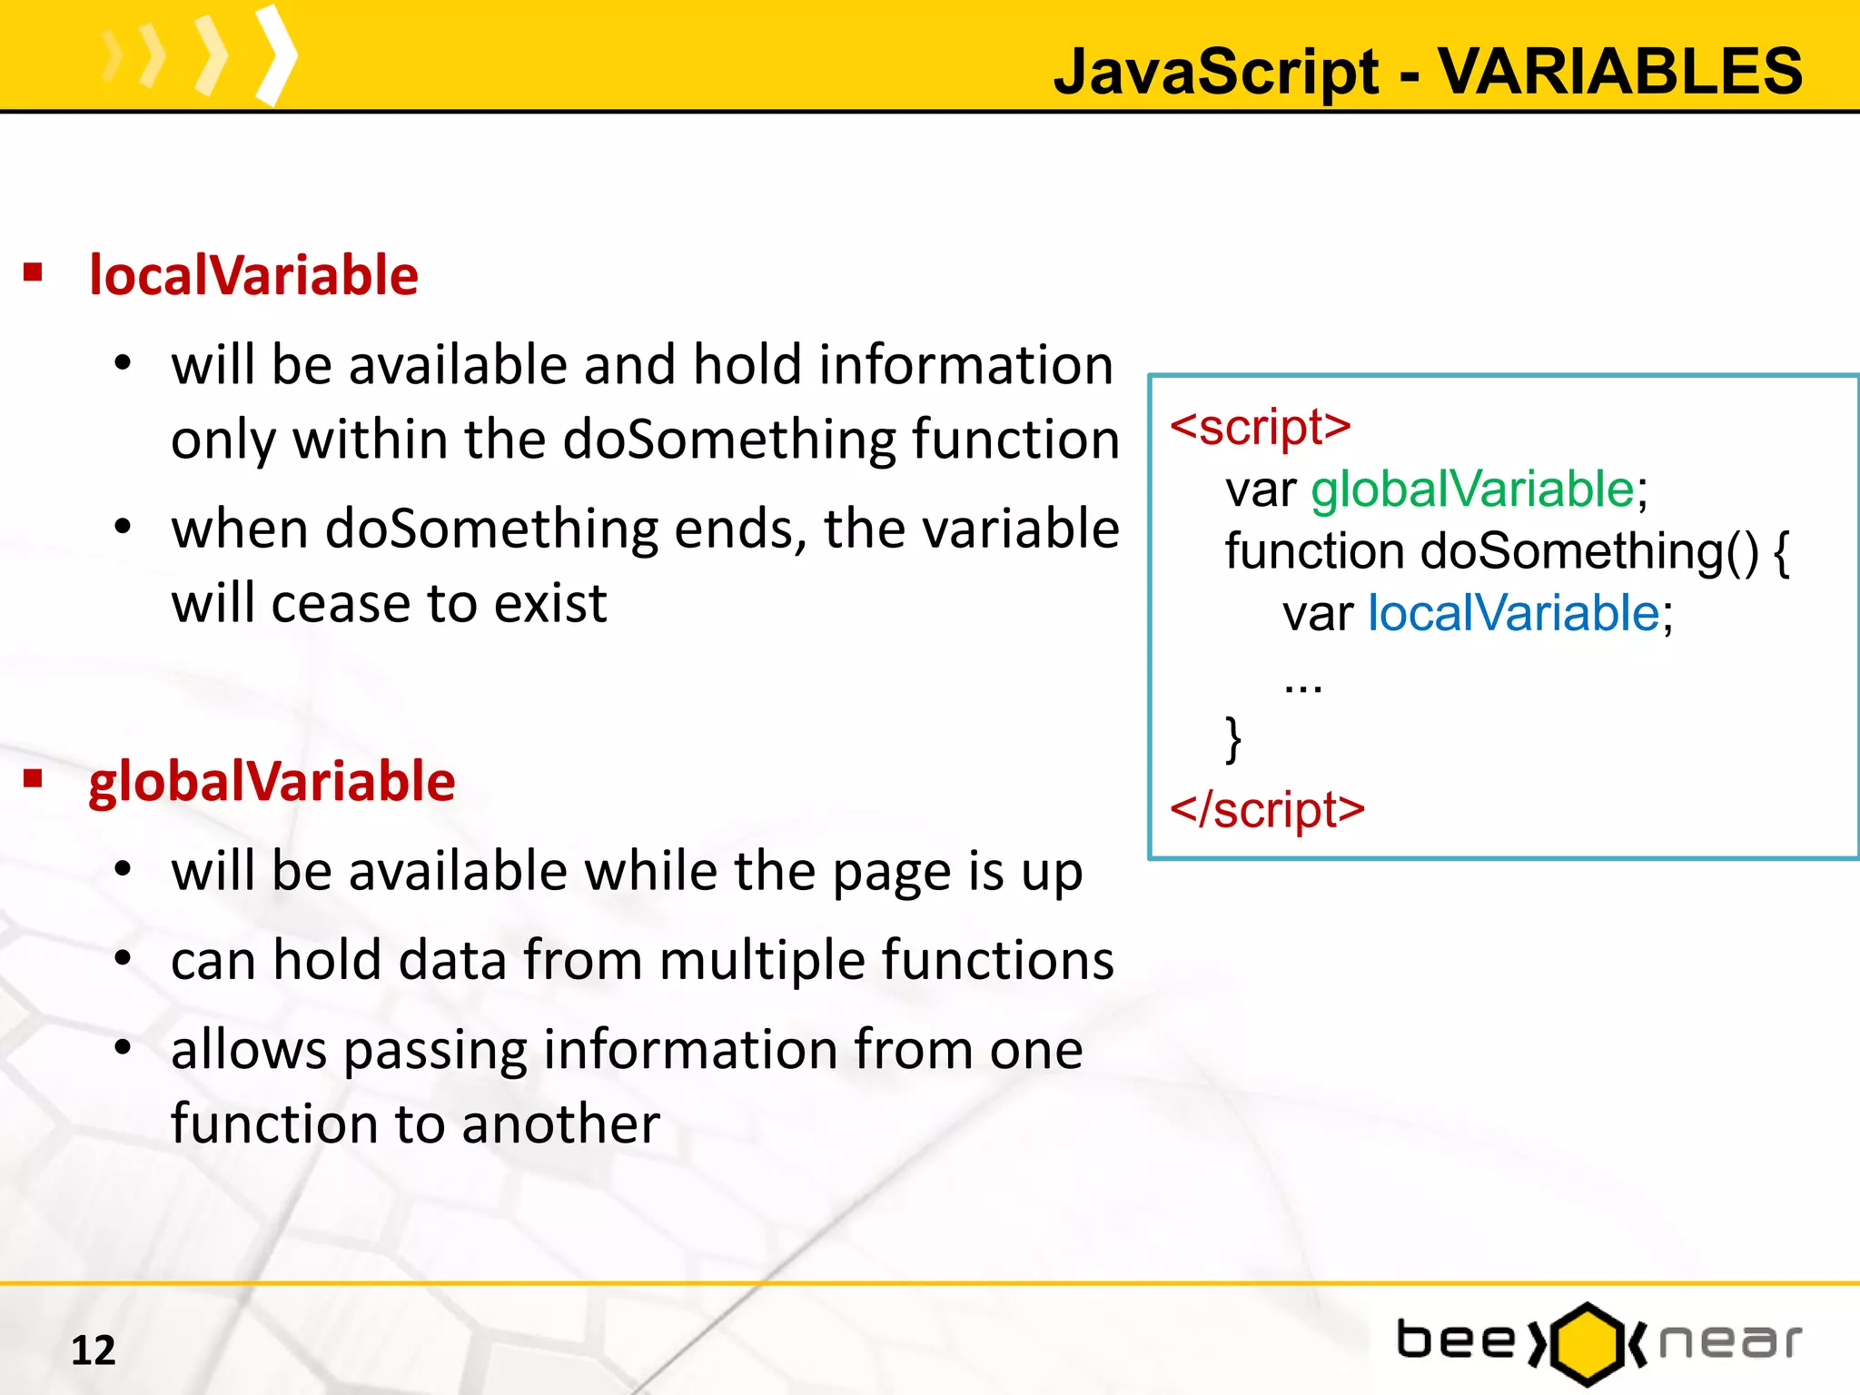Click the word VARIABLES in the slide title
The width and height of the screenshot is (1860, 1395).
click(x=1620, y=72)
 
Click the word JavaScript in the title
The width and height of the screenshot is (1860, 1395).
click(x=1216, y=72)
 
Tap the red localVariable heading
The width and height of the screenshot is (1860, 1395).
click(x=253, y=275)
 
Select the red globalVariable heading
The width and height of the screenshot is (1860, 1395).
click(x=272, y=781)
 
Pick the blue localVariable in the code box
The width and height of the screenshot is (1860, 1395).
click(x=1514, y=613)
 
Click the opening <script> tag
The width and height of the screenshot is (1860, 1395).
click(x=1261, y=426)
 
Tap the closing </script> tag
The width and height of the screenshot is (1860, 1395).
click(x=1268, y=809)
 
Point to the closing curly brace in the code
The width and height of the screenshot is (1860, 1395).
click(x=1233, y=739)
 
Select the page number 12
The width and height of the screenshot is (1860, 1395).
click(x=94, y=1350)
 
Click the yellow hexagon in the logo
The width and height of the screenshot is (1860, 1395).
click(x=1587, y=1344)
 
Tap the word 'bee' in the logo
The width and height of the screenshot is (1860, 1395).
click(x=1456, y=1341)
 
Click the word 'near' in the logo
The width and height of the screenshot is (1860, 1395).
click(x=1729, y=1342)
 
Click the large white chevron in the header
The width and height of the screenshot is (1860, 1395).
click(x=277, y=56)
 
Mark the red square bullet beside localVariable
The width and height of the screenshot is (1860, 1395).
click(x=34, y=272)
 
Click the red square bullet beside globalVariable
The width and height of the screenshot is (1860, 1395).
click(x=34, y=778)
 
